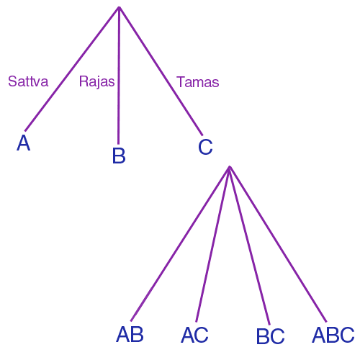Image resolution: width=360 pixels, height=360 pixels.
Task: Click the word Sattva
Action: [x=28, y=81]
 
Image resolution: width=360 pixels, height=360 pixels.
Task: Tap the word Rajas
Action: [x=96, y=81]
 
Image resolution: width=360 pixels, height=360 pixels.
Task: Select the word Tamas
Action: [x=198, y=82]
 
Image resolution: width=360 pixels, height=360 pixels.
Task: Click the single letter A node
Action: [x=24, y=143]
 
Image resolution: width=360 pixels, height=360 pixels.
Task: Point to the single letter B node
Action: [x=119, y=156]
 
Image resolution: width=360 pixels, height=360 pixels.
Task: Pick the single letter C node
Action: [x=205, y=146]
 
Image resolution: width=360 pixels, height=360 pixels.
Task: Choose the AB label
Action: [x=130, y=334]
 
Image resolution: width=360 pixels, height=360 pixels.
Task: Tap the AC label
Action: [x=194, y=335]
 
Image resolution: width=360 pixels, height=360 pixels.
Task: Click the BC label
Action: [x=271, y=336]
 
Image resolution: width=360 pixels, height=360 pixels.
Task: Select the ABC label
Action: [x=333, y=335]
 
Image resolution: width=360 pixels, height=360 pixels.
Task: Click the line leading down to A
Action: [x=72, y=69]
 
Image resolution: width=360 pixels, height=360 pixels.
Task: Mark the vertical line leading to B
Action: [x=119, y=76]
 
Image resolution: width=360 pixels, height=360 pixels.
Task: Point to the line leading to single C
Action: [x=161, y=71]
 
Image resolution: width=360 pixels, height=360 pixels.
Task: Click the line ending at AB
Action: [x=180, y=243]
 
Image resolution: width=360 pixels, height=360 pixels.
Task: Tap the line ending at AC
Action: [x=212, y=244]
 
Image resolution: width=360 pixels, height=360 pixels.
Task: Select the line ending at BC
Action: [x=250, y=246]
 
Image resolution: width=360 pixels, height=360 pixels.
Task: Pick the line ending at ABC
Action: [x=278, y=244]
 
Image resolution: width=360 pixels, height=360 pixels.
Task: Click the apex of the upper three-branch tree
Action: [x=119, y=7]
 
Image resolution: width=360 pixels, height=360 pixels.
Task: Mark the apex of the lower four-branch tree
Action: [x=230, y=166]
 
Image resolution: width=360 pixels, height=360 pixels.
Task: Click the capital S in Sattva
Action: [x=12, y=81]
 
